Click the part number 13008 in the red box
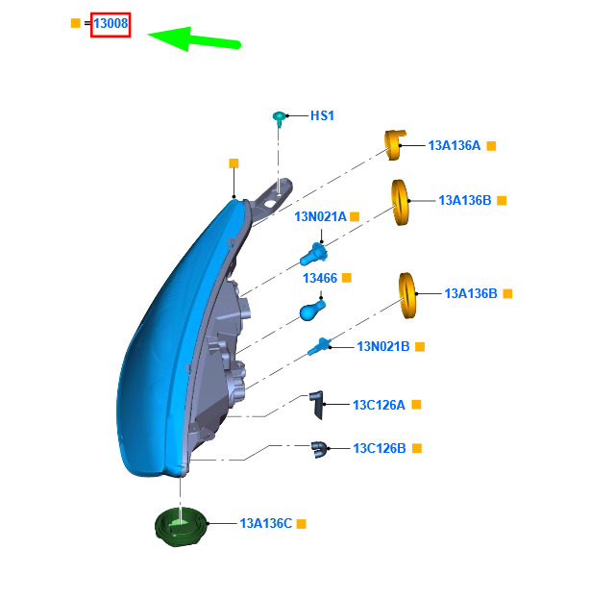pos(111,23)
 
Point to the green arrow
pos(194,39)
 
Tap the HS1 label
pos(322,115)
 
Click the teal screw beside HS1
pos(279,118)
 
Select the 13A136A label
pos(455,145)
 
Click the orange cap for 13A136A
pos(395,145)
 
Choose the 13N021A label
pos(320,216)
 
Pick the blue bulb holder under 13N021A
pos(313,254)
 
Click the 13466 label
pos(320,278)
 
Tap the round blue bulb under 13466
pos(311,311)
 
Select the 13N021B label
pos(383,346)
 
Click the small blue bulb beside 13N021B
pos(319,346)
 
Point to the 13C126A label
pos(379,405)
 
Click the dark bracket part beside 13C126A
pos(317,405)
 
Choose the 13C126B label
pos(380,448)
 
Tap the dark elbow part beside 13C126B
pos(319,449)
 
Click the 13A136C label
pos(266,523)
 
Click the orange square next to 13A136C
pos(301,524)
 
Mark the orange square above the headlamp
pos(234,163)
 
